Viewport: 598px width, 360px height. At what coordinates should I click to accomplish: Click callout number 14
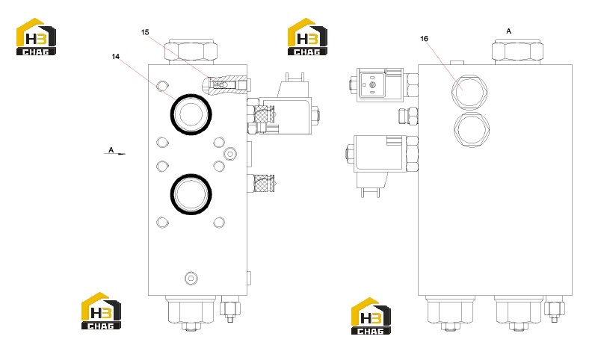tap(116, 56)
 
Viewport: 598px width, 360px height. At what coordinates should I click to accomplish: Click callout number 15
tap(145, 32)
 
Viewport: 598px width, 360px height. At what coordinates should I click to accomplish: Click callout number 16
tap(424, 39)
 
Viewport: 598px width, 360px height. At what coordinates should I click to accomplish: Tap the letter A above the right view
tap(508, 31)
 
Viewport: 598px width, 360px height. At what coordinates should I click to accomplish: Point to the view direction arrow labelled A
tap(115, 154)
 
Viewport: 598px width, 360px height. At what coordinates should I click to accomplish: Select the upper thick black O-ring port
tap(191, 114)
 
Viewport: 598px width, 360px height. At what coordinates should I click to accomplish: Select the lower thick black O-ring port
tap(191, 193)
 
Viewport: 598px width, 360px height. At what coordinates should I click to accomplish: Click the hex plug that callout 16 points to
tap(469, 92)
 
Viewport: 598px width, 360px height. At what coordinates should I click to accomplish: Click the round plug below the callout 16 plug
tap(472, 129)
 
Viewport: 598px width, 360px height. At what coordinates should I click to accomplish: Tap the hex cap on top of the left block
tap(191, 51)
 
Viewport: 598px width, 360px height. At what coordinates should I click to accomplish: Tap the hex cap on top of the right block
tap(517, 51)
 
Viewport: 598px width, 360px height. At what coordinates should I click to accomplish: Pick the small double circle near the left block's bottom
tap(191, 278)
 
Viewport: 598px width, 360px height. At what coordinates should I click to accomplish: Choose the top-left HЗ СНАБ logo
tap(36, 37)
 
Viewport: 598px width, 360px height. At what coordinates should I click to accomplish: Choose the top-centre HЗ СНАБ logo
tap(307, 37)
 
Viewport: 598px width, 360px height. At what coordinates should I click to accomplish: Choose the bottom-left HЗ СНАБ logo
tap(101, 311)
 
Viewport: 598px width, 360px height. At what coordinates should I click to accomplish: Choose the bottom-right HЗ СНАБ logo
tap(371, 316)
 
